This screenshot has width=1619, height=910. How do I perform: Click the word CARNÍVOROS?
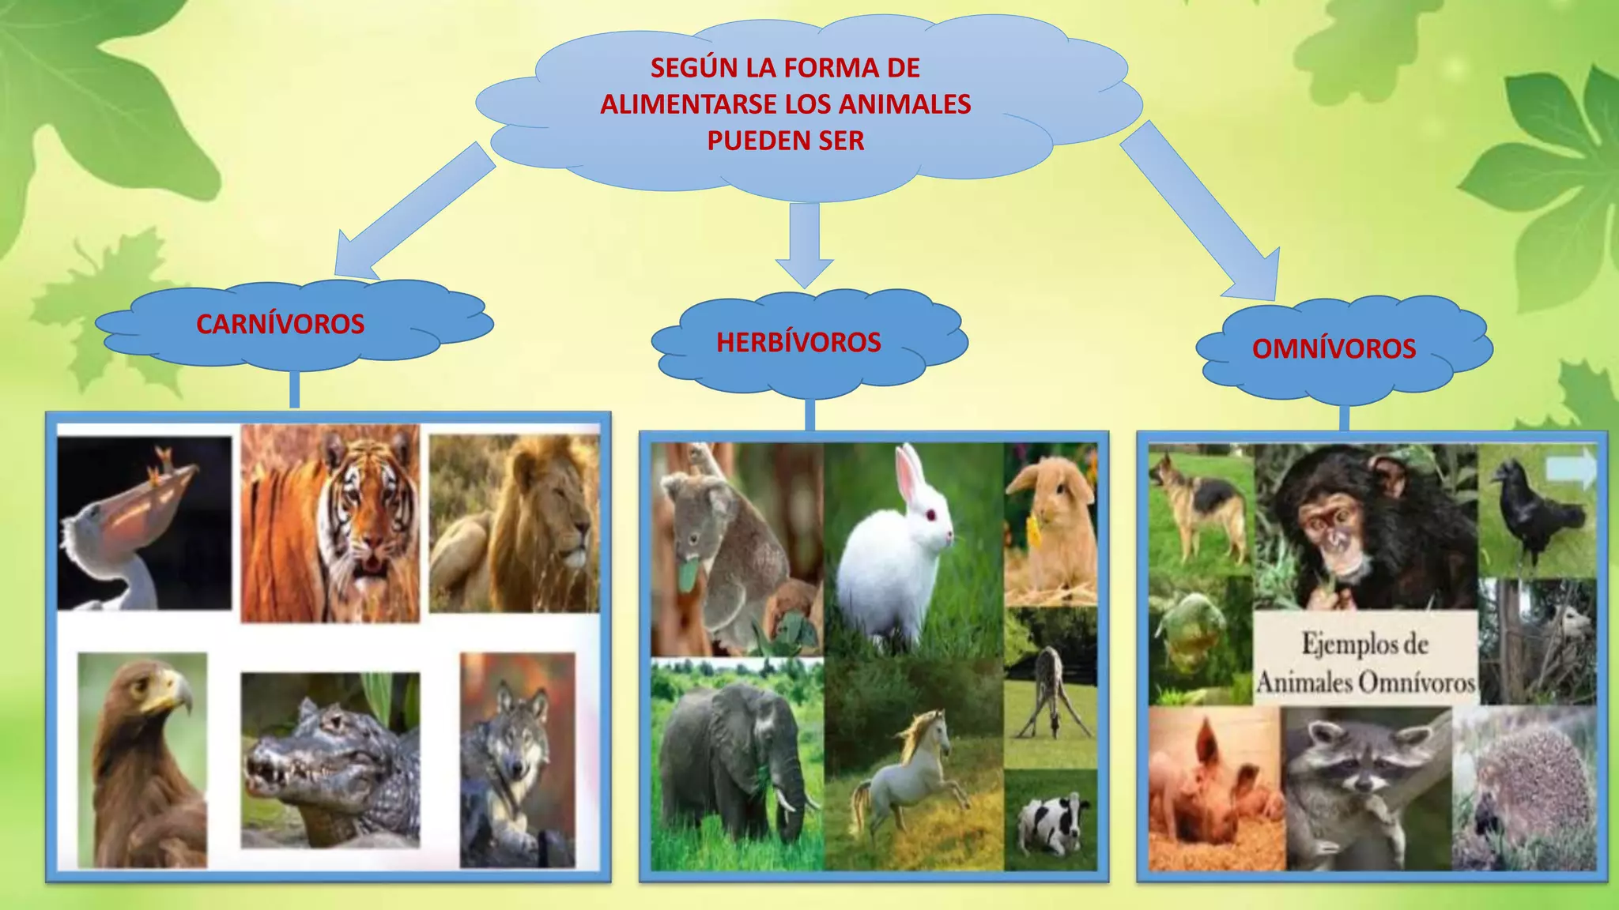[280, 324]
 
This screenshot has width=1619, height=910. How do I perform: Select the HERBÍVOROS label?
[798, 342]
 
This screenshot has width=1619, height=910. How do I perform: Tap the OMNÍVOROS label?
[1334, 348]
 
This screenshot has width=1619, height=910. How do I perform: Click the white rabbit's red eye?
[931, 515]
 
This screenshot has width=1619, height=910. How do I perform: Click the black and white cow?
[1050, 822]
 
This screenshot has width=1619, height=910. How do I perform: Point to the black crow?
[1534, 513]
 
